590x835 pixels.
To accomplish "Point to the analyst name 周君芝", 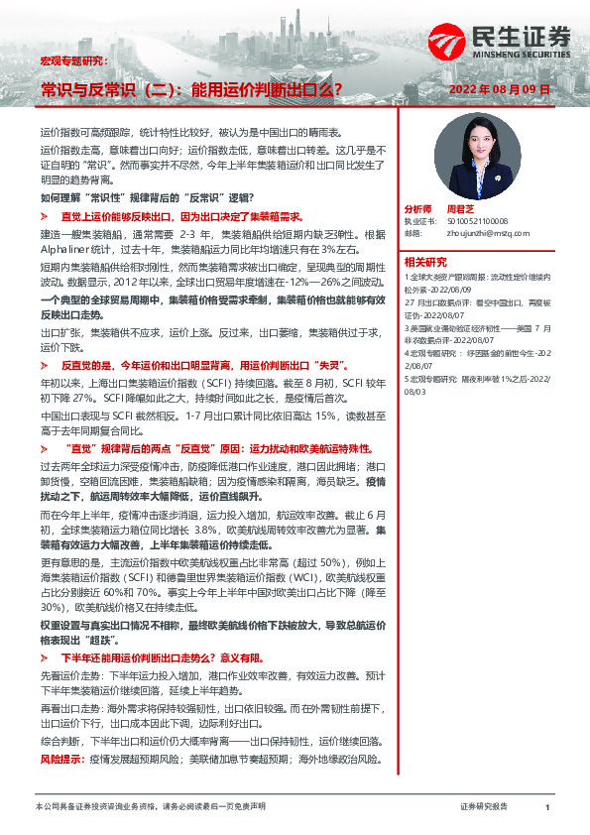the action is click(462, 210).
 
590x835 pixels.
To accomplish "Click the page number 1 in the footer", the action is click(547, 808).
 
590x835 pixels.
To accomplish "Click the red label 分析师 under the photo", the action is click(417, 210).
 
